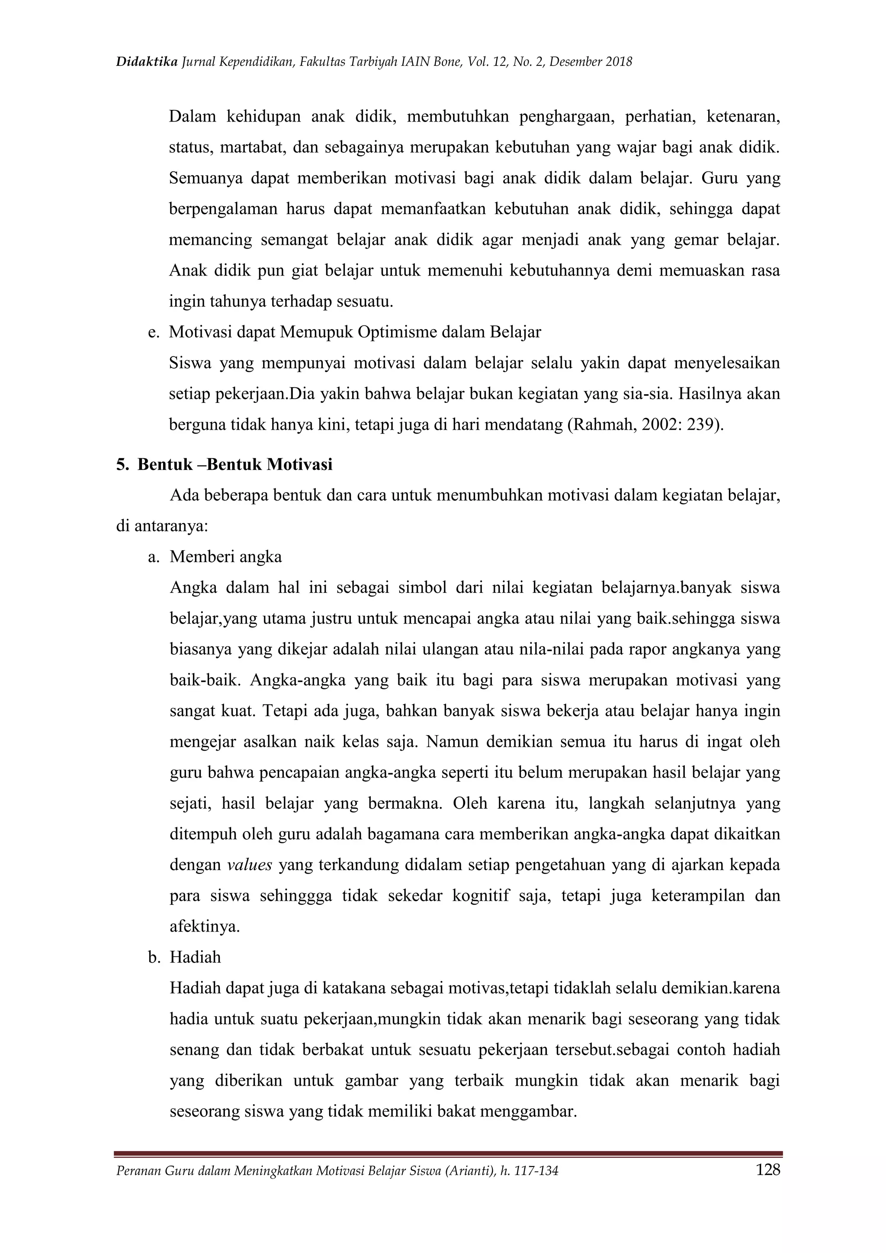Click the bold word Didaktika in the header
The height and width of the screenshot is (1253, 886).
[x=147, y=62]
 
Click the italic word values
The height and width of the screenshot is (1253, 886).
[x=249, y=865]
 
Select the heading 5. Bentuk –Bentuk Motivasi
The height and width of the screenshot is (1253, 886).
[x=224, y=464]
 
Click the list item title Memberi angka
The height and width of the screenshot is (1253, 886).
[x=225, y=557]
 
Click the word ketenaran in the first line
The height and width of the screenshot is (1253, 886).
[x=742, y=117]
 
